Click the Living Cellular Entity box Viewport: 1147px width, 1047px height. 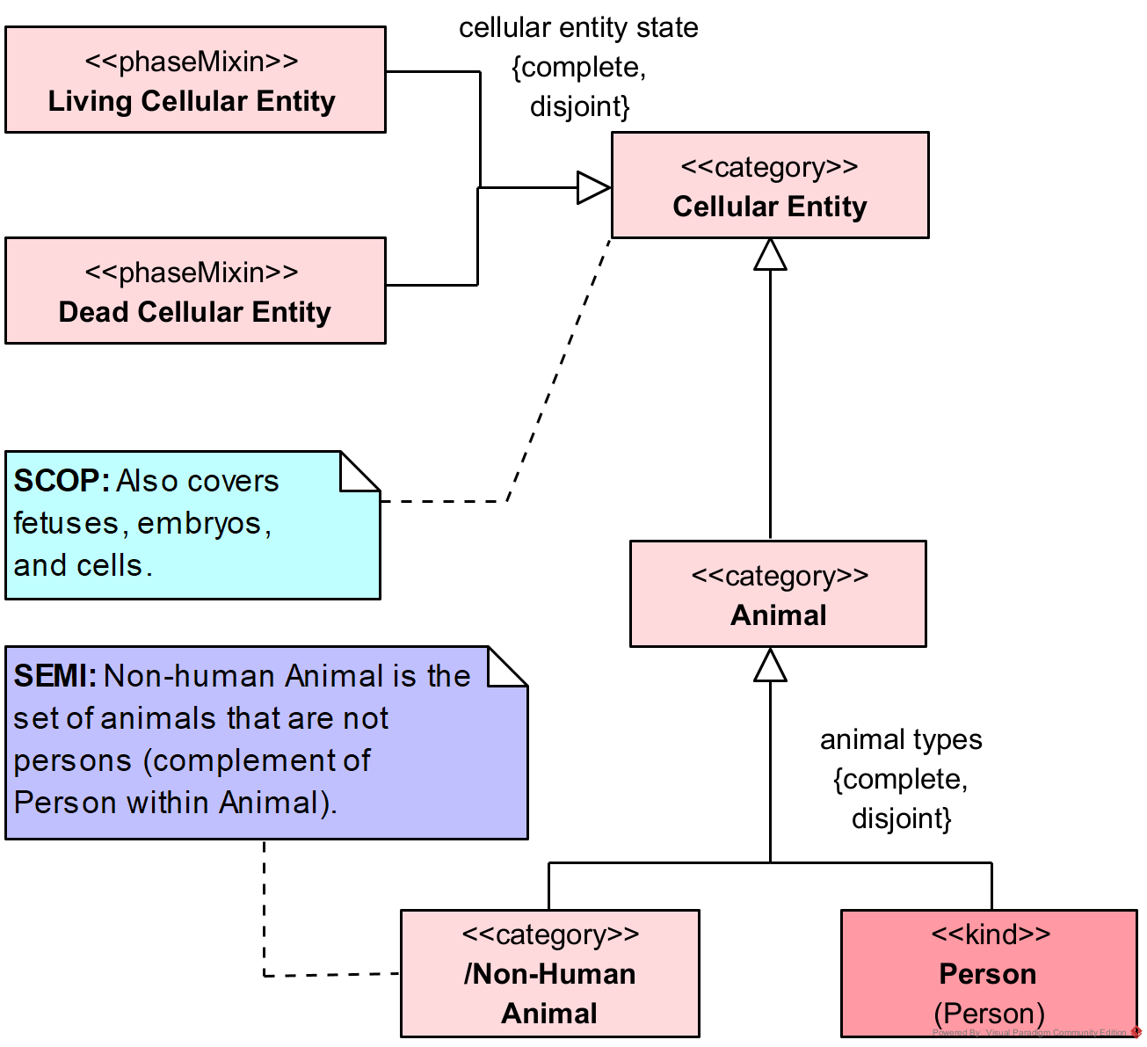[x=195, y=80]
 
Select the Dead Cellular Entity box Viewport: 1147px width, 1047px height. [x=195, y=291]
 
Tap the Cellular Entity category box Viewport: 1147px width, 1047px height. [x=770, y=185]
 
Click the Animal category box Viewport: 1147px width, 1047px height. [x=778, y=594]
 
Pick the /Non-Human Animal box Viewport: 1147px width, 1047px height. [x=549, y=974]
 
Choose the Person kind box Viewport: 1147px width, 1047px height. [x=989, y=974]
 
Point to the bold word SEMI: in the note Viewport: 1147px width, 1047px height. [x=55, y=676]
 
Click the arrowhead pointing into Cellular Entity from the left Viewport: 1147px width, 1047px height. [x=593, y=187]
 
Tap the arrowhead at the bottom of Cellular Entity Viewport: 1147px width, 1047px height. [x=770, y=255]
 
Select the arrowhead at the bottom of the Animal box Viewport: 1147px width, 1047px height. [x=770, y=665]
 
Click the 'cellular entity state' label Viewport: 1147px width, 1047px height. [x=578, y=28]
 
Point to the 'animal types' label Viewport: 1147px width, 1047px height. [x=901, y=740]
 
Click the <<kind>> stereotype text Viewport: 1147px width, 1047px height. [x=991, y=934]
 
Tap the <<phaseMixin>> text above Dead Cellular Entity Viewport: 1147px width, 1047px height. [x=192, y=273]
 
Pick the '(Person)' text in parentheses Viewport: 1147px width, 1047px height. [x=989, y=1014]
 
